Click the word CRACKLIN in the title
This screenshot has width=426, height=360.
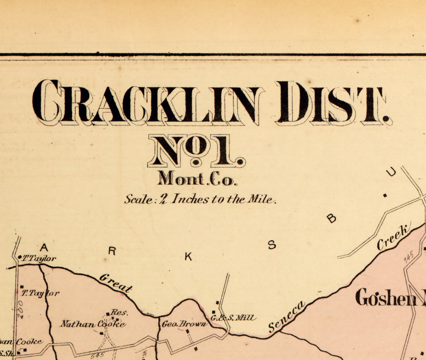pos(147,102)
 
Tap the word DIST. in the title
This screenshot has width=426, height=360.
pos(332,103)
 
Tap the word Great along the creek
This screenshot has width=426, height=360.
pos(115,283)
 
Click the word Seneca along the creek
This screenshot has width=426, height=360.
pos(286,317)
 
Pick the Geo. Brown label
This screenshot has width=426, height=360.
pos(184,324)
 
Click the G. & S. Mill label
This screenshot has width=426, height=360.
pos(233,318)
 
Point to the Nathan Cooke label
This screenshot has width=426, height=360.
pos(92,324)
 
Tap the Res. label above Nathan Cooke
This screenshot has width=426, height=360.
pos(119,312)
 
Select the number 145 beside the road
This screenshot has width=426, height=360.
pos(409,256)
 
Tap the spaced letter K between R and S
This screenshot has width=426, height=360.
pos(188,257)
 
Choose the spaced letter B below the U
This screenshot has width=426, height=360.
pos(331,219)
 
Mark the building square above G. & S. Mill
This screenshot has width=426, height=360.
pos(218,302)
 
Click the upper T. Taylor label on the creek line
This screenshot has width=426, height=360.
pos(39,258)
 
